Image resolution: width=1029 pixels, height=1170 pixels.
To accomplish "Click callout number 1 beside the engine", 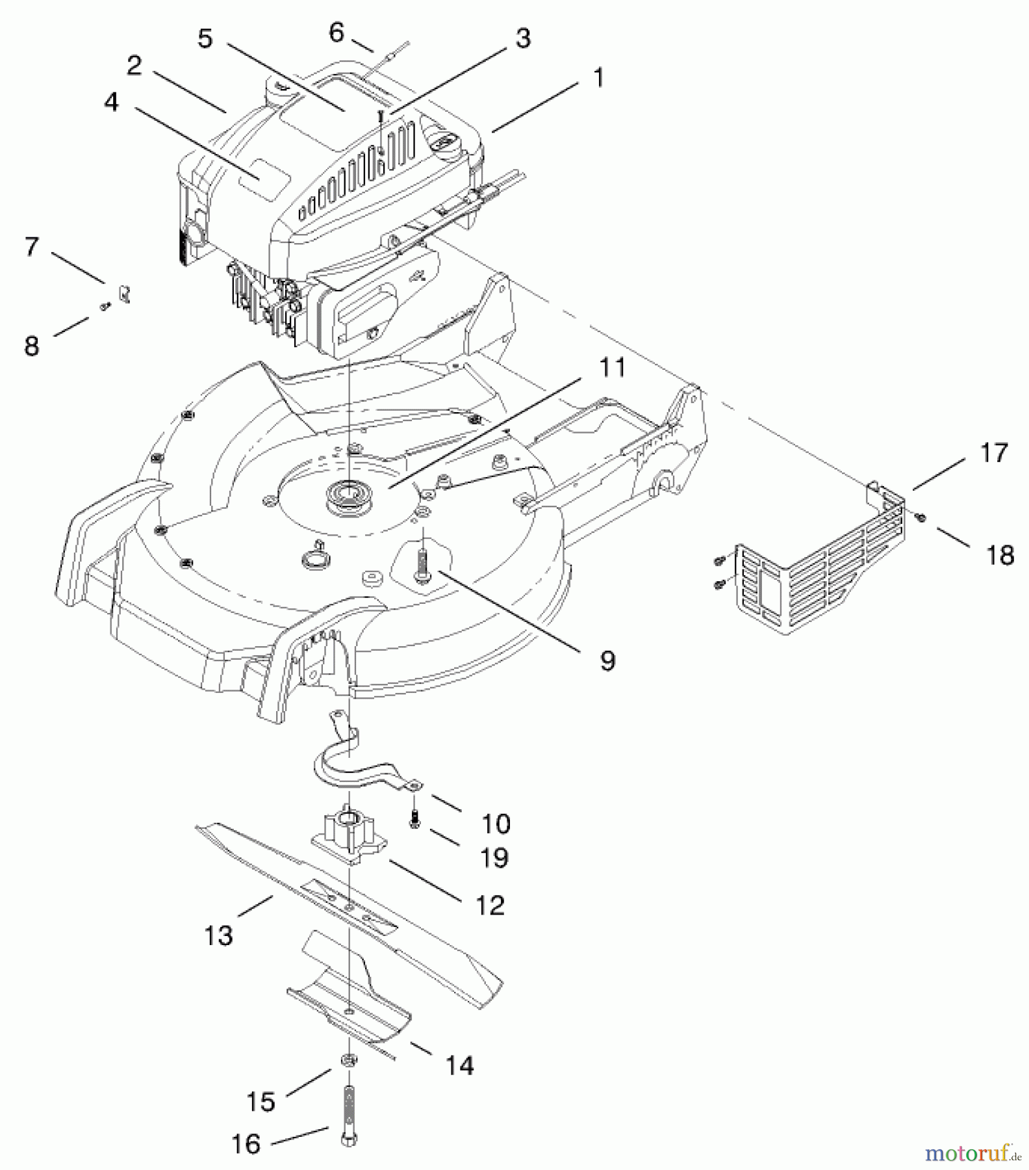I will click(598, 78).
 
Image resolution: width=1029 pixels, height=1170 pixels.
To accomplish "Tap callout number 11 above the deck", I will click(612, 367).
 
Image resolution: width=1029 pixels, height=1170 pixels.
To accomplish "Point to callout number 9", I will click(607, 661).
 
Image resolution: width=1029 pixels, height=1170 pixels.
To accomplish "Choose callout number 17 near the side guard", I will click(994, 453).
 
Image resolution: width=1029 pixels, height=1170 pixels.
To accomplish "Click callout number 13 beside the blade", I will click(218, 936).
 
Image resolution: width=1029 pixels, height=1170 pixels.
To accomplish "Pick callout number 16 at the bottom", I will click(246, 1144).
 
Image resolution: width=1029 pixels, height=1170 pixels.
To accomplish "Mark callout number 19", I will click(494, 857).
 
